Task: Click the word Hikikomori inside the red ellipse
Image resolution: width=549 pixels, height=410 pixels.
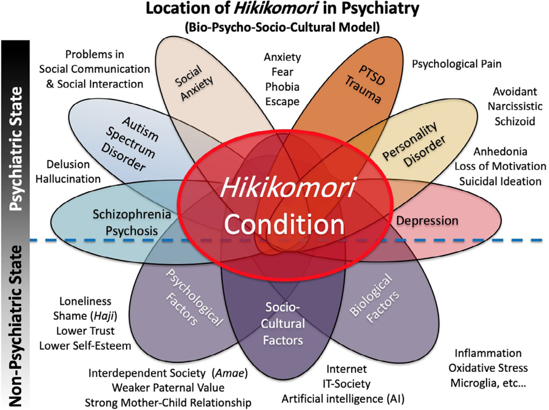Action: tap(287, 188)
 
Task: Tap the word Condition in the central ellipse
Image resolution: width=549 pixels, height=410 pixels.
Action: tap(284, 225)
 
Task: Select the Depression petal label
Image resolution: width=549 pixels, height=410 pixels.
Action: tap(427, 220)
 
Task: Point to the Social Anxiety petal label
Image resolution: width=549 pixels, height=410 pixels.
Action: tap(194, 83)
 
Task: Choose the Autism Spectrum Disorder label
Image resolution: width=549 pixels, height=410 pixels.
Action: tap(130, 144)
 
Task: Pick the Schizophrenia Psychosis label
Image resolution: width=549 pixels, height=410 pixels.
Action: tap(132, 222)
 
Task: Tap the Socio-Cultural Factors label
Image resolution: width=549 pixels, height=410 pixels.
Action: tap(283, 324)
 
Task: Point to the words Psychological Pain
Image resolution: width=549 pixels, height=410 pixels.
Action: tap(456, 64)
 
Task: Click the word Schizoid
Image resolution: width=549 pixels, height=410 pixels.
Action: tap(514, 121)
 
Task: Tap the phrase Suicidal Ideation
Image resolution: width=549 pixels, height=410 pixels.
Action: tap(500, 181)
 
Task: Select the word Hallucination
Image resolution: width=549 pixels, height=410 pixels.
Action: tap(68, 179)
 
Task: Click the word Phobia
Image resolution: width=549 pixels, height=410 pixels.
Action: tap(282, 86)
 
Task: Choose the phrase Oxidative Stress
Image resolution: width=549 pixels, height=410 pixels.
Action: tap(488, 368)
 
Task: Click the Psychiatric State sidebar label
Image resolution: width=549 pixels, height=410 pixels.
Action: tap(16, 149)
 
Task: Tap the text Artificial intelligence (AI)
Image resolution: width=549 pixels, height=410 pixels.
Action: tap(343, 399)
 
